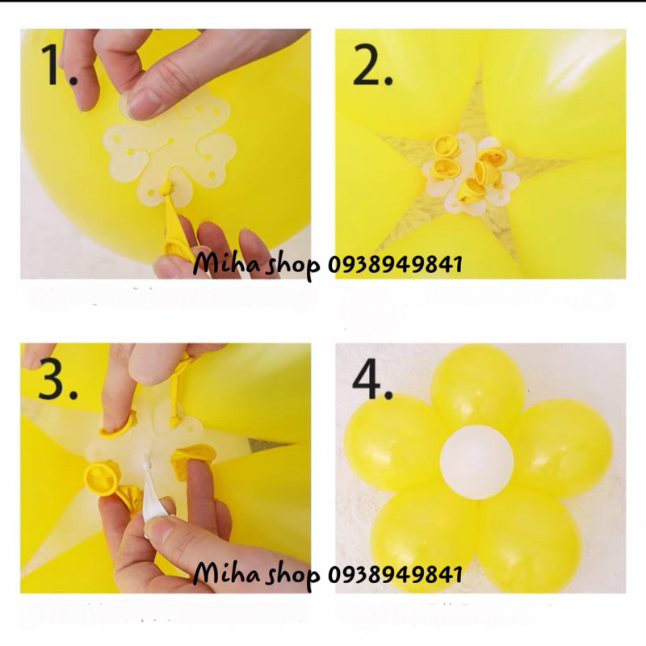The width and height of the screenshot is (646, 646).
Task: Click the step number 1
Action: pyautogui.click(x=61, y=67)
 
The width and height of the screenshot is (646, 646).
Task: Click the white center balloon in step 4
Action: pyautogui.click(x=476, y=459)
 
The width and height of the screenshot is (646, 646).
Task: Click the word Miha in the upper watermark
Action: pyautogui.click(x=220, y=265)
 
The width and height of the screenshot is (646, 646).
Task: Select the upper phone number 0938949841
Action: pyautogui.click(x=395, y=266)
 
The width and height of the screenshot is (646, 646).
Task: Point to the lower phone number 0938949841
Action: pyautogui.click(x=395, y=574)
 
